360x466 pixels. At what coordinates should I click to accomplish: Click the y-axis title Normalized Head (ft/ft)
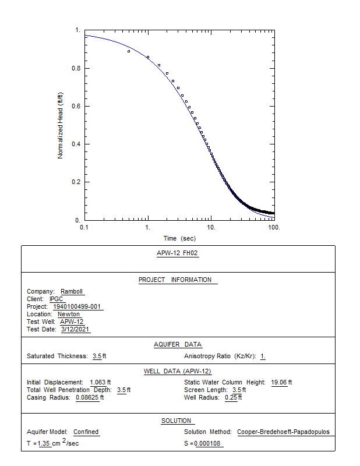[x=60, y=125]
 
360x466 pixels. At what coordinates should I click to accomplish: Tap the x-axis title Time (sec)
[x=179, y=238]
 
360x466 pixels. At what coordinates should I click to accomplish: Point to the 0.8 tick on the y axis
[x=76, y=68]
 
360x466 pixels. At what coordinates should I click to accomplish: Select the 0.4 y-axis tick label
[x=76, y=144]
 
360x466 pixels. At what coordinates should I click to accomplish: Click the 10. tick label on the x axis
[x=211, y=227]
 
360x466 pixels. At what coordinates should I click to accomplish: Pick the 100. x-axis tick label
[x=274, y=227]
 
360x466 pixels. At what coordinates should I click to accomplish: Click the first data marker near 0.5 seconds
[x=129, y=51]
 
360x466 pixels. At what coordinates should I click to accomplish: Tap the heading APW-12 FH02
[x=178, y=253]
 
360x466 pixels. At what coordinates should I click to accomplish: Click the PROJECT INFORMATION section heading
[x=178, y=280]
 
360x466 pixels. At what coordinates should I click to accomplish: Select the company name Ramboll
[x=72, y=291]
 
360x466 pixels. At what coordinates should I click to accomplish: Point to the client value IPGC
[x=57, y=299]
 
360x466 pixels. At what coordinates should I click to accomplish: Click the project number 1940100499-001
[x=78, y=306]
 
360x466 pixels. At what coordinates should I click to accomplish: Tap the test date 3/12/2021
[x=76, y=329]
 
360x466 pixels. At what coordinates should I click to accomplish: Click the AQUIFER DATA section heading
[x=178, y=344]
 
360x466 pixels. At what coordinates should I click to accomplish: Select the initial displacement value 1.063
[x=100, y=382]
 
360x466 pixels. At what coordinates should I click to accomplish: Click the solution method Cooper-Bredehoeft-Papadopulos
[x=283, y=432]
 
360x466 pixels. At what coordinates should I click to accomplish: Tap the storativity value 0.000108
[x=208, y=444]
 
